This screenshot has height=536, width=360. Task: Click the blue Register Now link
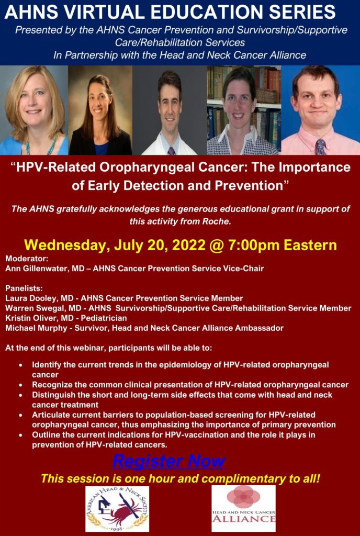pos(168,461)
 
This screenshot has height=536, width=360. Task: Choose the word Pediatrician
pos(104,318)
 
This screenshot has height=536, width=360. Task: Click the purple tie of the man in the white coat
pos(171,151)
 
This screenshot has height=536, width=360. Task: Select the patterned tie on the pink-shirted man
pos(321,147)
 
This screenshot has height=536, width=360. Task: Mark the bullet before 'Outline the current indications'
pos(21,435)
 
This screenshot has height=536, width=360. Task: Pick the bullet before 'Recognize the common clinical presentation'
pos(21,385)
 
